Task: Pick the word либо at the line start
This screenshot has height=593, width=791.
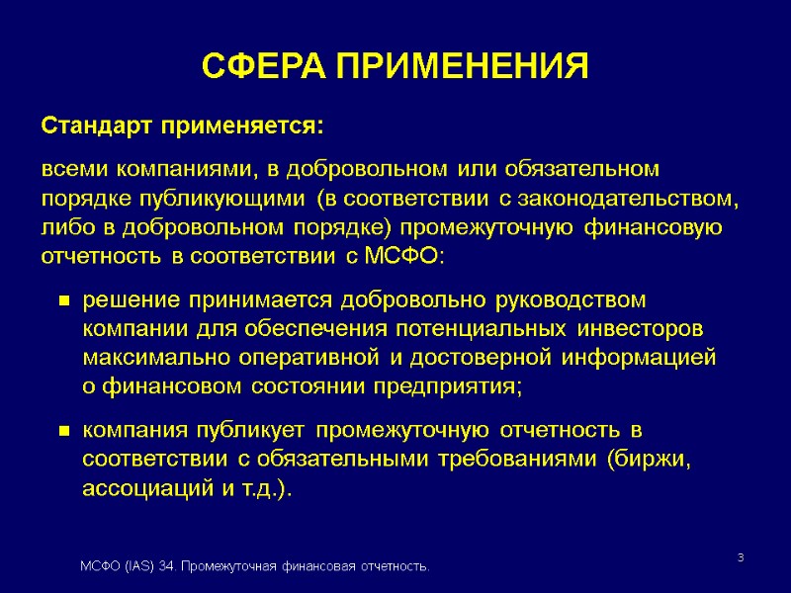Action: (x=62, y=227)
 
